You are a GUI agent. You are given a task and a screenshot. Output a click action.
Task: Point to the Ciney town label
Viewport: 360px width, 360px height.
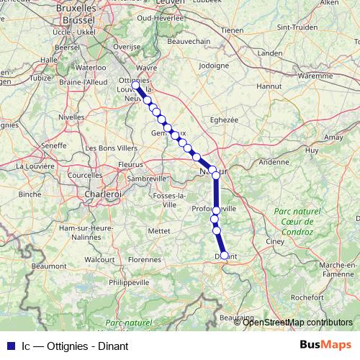click(x=276, y=241)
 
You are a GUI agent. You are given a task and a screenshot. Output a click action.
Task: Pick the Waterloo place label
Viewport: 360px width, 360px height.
click(x=91, y=67)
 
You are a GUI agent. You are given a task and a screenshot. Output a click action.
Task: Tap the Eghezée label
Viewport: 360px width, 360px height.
click(x=222, y=120)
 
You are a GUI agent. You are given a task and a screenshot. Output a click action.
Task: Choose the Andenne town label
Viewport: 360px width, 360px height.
click(x=274, y=162)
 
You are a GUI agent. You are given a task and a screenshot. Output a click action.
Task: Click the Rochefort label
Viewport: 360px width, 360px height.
click(x=308, y=297)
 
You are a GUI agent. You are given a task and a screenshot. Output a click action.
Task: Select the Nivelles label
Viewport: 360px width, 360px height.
click(x=71, y=116)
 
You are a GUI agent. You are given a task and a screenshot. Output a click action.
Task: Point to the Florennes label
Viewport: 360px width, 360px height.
click(x=144, y=258)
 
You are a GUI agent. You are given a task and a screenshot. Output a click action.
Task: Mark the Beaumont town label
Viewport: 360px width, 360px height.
click(x=49, y=266)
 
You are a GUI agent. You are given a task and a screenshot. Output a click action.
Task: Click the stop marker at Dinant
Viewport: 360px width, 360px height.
click(x=224, y=255)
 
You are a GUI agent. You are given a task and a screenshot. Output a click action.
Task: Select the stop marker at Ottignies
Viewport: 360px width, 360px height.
click(x=135, y=85)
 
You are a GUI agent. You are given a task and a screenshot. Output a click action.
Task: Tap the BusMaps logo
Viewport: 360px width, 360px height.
click(x=325, y=345)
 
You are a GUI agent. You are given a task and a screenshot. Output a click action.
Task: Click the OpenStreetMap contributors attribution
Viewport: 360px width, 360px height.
click(x=297, y=322)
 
